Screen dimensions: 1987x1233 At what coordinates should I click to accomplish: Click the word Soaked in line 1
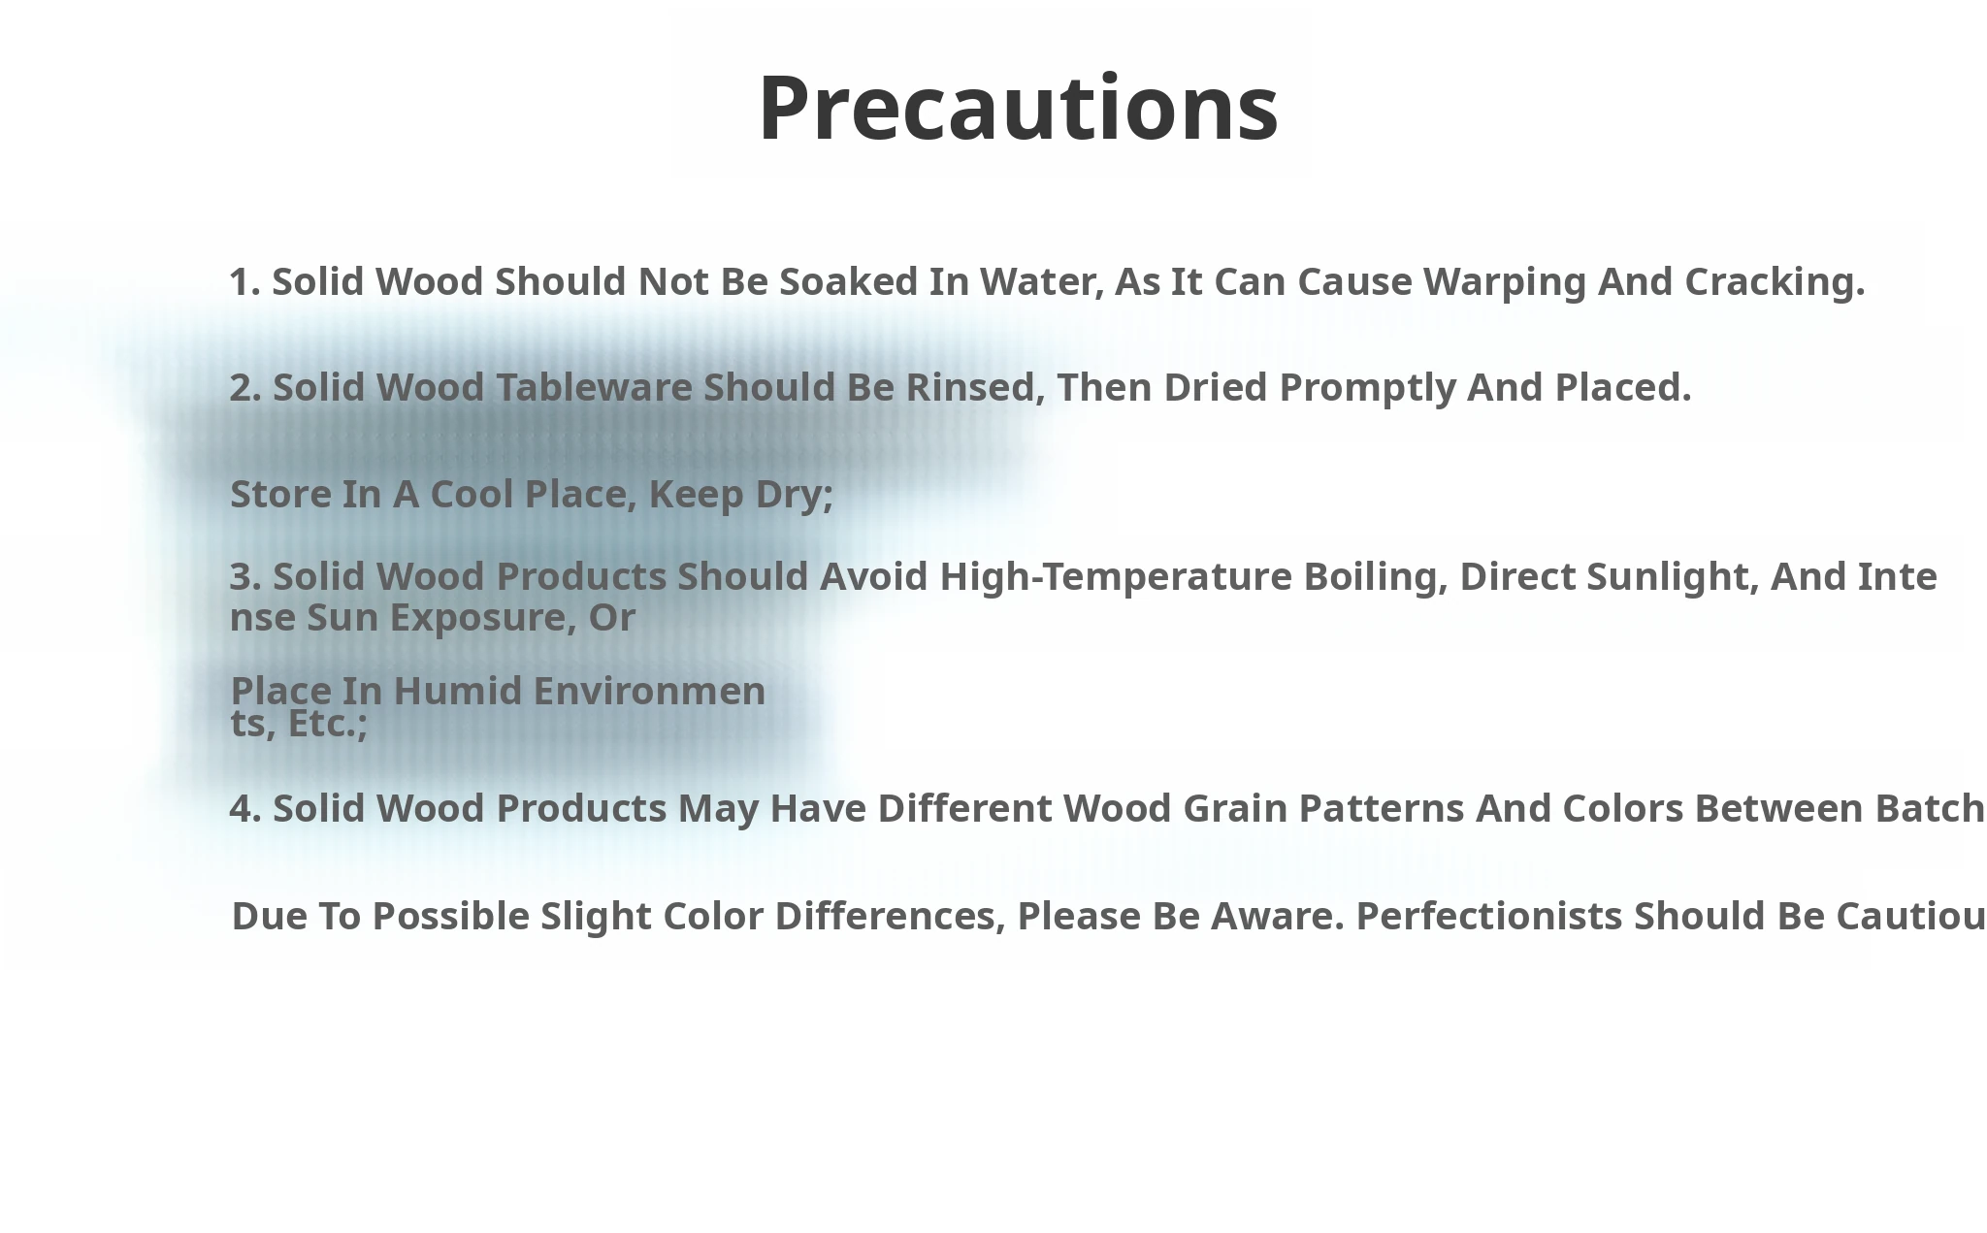tap(849, 281)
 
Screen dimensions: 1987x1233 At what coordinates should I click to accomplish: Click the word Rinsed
tap(975, 388)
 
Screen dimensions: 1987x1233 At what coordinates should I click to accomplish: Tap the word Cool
tap(472, 494)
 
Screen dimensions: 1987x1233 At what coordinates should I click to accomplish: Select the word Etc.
tap(328, 724)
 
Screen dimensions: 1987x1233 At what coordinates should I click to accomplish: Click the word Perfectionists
tap(1489, 916)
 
